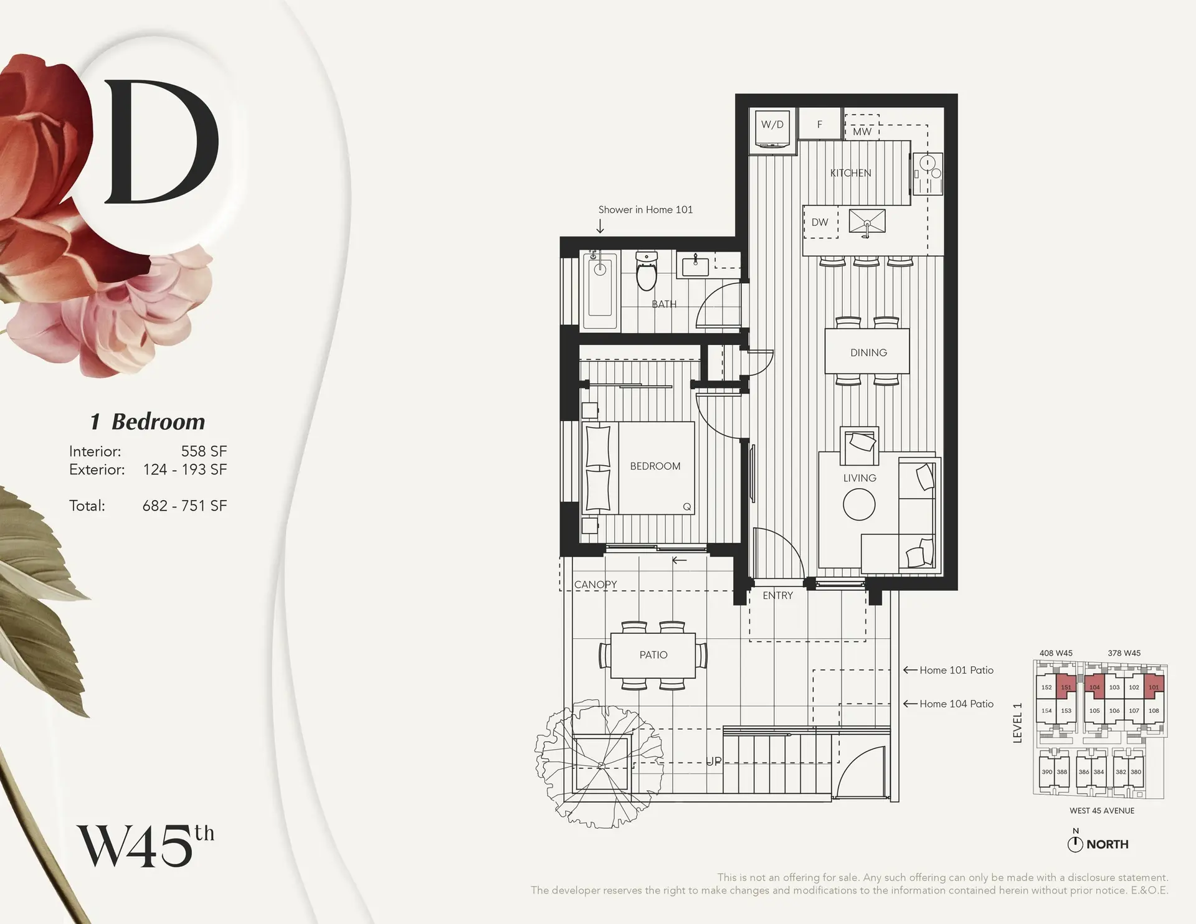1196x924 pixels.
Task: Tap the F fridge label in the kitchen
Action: point(820,125)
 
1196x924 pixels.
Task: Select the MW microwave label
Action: point(862,131)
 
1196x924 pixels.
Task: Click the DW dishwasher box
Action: point(820,222)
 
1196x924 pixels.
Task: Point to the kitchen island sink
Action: point(867,222)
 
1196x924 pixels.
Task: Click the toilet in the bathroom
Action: point(647,272)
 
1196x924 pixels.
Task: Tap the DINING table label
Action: point(868,352)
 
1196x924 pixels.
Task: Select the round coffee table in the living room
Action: point(859,504)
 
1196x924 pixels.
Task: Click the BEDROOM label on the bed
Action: point(655,466)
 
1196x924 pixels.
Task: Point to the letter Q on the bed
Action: point(686,507)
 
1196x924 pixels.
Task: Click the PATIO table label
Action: point(653,654)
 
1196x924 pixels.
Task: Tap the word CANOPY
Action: point(596,584)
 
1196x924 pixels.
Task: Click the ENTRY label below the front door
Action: point(777,595)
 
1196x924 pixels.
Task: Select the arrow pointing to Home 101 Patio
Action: point(909,670)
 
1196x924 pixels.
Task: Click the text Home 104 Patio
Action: point(956,704)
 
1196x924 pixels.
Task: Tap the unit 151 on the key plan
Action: point(1066,687)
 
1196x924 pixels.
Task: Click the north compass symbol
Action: point(1075,844)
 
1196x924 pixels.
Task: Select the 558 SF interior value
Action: point(204,451)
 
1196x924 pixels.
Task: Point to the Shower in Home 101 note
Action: point(645,210)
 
